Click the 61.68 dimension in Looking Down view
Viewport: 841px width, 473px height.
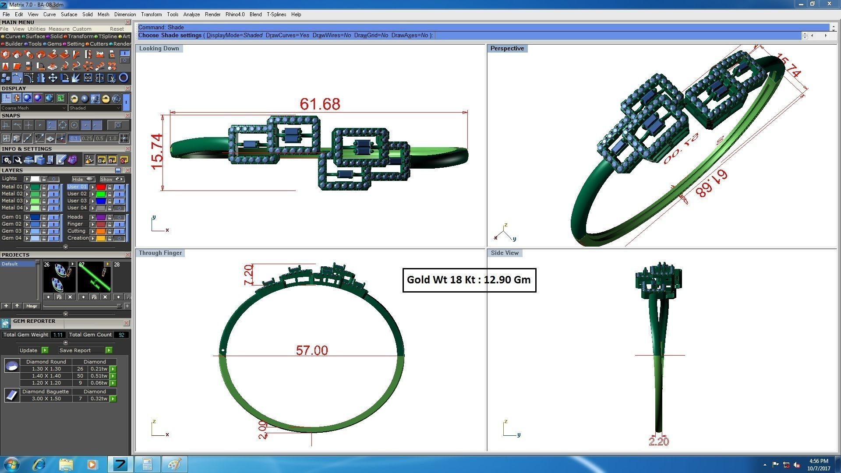tap(320, 104)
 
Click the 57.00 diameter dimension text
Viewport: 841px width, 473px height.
tap(311, 350)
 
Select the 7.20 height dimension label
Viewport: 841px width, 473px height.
tap(248, 275)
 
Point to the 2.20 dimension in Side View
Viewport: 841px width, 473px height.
tap(658, 441)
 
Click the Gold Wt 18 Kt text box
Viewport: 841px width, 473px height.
tap(469, 280)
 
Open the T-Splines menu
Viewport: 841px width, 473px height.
tap(276, 14)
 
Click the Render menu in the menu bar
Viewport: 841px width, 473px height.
tap(212, 14)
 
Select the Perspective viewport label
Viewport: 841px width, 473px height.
tap(507, 49)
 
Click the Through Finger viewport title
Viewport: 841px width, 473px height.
tap(160, 253)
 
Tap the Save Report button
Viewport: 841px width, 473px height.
tap(75, 350)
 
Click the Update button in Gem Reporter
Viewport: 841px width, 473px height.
tap(28, 350)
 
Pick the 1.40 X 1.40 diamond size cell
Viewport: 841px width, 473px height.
tap(46, 376)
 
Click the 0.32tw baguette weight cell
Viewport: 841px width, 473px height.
tap(99, 399)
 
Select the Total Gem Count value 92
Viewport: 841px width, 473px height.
tap(121, 335)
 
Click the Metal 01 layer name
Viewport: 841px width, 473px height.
tap(12, 187)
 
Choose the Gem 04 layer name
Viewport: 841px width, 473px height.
tap(11, 238)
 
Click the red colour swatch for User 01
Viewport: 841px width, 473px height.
tap(101, 187)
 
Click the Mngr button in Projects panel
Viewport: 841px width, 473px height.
tap(32, 306)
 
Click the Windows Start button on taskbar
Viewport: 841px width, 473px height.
tap(11, 464)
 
